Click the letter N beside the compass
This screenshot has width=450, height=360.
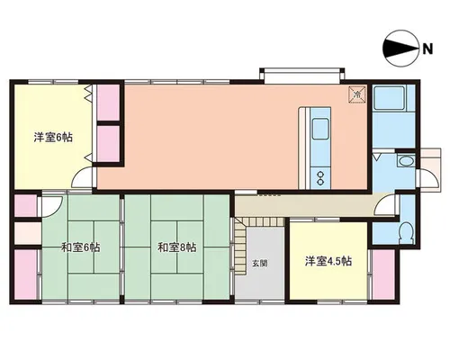point(427,49)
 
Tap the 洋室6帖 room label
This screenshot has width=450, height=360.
point(53,138)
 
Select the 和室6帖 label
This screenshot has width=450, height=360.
point(81,247)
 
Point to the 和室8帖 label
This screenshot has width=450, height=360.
point(177,247)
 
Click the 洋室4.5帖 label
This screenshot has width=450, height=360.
point(328,261)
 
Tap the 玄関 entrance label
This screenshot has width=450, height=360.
point(260,264)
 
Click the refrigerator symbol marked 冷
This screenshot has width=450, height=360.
point(357,94)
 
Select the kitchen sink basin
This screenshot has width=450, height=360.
point(320,129)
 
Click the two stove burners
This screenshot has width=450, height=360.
point(320,178)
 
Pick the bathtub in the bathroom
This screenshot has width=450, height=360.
point(389,98)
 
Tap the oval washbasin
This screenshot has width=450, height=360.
point(406,161)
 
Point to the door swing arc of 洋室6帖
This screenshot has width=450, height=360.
point(80,174)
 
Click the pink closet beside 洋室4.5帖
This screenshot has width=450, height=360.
point(383,274)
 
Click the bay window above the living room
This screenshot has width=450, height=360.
point(302,76)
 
